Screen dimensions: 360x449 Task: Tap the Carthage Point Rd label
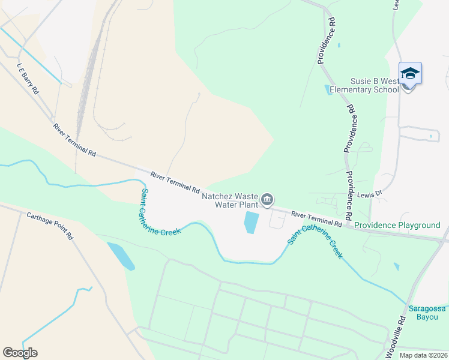tap(49, 226)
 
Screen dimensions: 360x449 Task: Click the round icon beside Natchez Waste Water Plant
tap(268, 199)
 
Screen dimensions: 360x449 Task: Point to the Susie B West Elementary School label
tap(375, 85)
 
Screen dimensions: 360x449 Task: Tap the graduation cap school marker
tap(410, 73)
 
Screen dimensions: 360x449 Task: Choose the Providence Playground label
tap(397, 226)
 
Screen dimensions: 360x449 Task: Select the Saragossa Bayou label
tap(427, 313)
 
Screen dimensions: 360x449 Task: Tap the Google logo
tap(20, 353)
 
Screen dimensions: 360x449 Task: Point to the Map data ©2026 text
tap(423, 355)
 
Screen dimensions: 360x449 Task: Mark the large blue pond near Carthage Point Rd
tap(121, 256)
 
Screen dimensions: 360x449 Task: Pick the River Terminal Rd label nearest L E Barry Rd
tap(74, 140)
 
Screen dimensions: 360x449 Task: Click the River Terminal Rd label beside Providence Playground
tap(316, 219)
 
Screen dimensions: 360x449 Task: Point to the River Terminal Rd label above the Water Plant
tap(175, 181)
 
